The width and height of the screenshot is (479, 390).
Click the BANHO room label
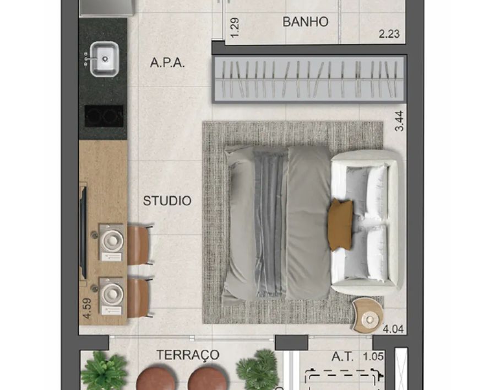[x=305, y=22]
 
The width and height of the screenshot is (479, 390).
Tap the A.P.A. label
[x=167, y=63]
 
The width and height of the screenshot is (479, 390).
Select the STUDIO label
[x=167, y=201]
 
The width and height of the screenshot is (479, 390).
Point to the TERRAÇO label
[x=188, y=355]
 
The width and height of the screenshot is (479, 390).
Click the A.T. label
[x=342, y=357]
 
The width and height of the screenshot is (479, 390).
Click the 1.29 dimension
[x=235, y=28]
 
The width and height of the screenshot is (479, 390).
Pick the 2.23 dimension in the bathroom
[x=389, y=34]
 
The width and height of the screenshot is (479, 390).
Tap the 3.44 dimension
[x=399, y=121]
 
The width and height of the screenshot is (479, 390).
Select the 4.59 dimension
[x=87, y=308]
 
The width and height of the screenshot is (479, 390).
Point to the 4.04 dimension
[x=393, y=329]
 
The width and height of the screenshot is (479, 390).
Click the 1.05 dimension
[x=373, y=357]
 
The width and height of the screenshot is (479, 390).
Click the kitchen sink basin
[x=105, y=59]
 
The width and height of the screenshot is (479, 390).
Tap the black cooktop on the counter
[x=104, y=116]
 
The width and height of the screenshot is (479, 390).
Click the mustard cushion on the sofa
[x=340, y=225]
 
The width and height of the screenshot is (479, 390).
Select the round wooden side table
[x=367, y=316]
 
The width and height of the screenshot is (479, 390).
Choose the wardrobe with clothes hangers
[x=309, y=79]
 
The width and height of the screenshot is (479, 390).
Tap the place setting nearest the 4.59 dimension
[x=111, y=296]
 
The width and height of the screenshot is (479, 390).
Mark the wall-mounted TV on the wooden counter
[x=83, y=231]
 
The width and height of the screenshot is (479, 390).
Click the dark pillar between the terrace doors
[x=291, y=342]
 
